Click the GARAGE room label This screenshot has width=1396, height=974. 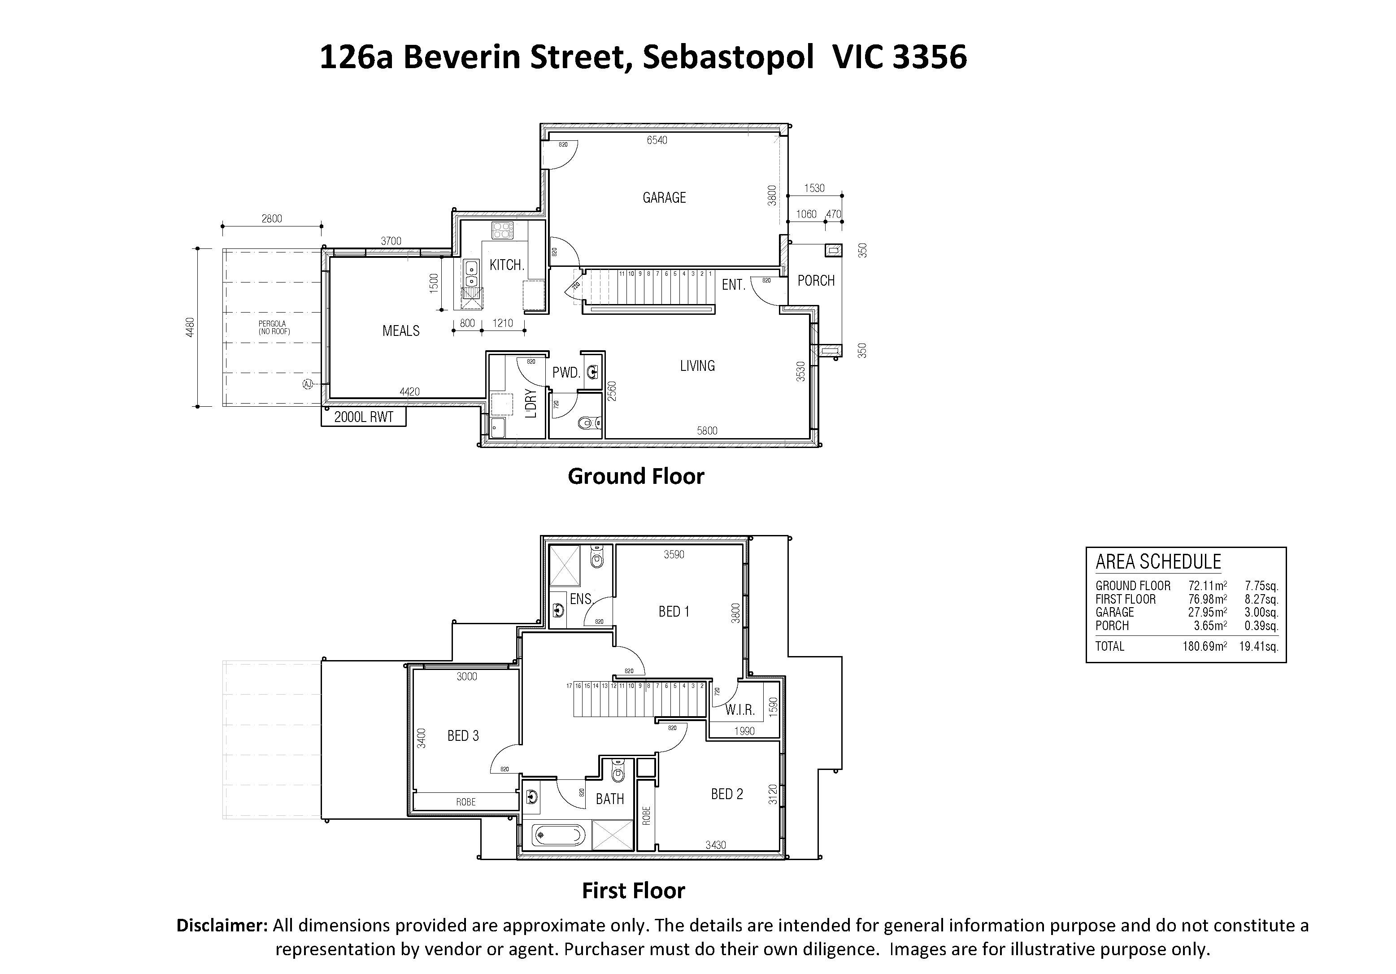point(664,198)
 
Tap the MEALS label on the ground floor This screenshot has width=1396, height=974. point(400,331)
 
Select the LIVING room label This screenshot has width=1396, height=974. point(697,365)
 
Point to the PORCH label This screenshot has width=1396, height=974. point(816,281)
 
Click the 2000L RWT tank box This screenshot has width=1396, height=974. point(364,417)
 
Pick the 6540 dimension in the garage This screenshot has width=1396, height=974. point(657,140)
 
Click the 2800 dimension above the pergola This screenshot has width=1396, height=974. point(272,218)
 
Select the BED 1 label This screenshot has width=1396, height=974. point(674,612)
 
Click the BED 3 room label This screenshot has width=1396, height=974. point(463,736)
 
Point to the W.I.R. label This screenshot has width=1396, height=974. point(739,709)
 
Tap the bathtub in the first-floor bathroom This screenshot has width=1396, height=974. point(559,835)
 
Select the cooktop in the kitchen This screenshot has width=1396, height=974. point(503,230)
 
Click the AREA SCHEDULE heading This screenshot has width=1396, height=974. point(1158,562)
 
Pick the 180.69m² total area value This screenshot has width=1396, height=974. point(1205,646)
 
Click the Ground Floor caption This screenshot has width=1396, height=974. point(636,476)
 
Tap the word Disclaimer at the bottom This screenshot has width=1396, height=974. point(222,926)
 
